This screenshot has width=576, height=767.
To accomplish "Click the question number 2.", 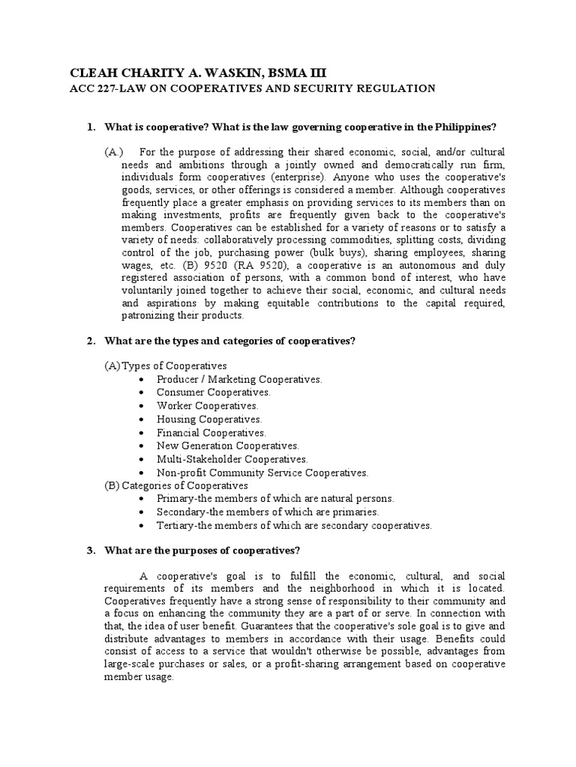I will pos(90,341).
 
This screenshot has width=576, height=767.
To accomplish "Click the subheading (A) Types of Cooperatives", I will pos(166,366).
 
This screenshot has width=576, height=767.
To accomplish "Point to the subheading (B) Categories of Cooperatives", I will pos(176,485).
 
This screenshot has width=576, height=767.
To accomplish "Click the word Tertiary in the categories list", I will pos(176,526).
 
